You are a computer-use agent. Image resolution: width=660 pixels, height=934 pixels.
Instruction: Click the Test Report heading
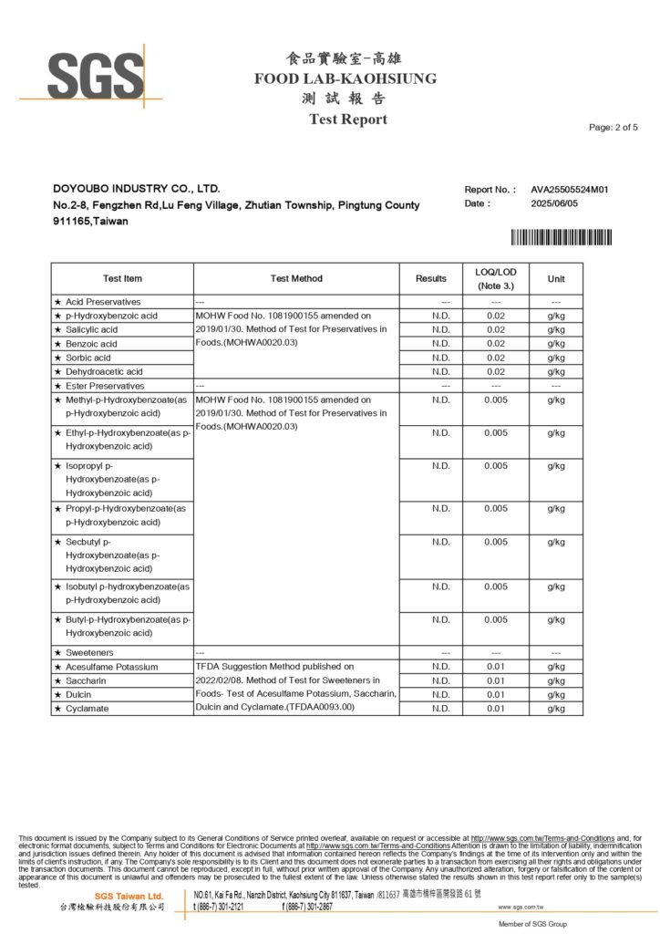tap(347, 119)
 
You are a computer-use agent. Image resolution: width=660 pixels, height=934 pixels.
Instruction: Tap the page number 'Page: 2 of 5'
tap(614, 127)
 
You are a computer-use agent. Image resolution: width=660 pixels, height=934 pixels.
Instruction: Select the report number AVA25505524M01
tap(569, 190)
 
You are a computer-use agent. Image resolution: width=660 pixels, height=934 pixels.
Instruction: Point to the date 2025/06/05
tap(554, 203)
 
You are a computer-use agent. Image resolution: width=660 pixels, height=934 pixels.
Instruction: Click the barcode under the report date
tap(561, 238)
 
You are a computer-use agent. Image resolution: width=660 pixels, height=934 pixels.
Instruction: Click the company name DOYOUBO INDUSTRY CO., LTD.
tap(137, 188)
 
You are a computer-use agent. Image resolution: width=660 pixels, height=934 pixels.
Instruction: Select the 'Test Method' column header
tap(296, 278)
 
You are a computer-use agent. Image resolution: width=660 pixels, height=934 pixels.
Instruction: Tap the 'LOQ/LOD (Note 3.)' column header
tap(496, 278)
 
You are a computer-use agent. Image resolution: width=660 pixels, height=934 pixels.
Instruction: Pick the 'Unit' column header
tap(556, 278)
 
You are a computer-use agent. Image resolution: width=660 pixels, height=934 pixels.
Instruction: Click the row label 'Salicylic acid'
tap(91, 329)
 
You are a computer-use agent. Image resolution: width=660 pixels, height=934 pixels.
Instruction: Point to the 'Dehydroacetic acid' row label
tap(104, 371)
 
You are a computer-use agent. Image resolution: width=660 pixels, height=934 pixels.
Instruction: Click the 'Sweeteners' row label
tap(89, 653)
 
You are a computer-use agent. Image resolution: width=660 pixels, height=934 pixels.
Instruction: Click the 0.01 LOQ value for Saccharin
tap(496, 680)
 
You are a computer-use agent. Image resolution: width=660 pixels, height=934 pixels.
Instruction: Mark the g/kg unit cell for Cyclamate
tap(556, 709)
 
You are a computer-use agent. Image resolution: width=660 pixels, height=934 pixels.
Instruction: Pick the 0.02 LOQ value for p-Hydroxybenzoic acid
tap(496, 316)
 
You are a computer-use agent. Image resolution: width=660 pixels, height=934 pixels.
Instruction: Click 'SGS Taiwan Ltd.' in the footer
tap(129, 897)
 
